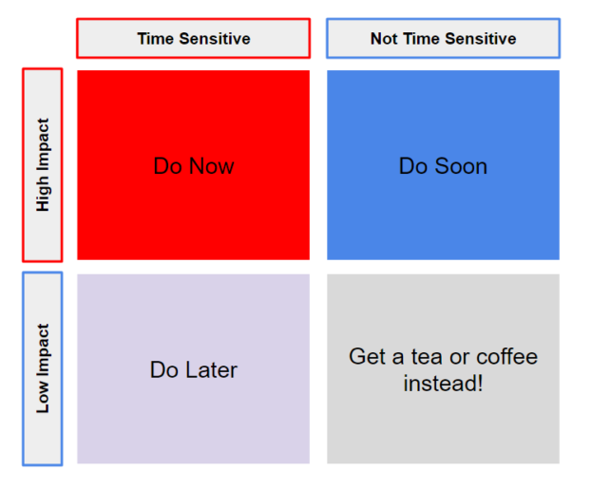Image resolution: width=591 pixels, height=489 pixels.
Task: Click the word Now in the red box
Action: coord(212,166)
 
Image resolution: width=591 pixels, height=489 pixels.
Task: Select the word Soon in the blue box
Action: coord(461,166)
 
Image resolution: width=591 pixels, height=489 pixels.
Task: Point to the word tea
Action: coord(427,356)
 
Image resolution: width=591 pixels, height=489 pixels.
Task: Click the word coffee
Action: coord(507,356)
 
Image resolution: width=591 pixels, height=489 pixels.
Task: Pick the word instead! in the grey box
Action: coord(443,384)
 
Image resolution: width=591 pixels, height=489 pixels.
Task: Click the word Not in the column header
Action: coord(384,38)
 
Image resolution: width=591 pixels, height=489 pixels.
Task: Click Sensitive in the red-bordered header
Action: coord(215,38)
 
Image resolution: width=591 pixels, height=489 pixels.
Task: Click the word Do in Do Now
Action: coord(168,166)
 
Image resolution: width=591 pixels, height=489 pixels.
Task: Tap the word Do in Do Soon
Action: coord(413,166)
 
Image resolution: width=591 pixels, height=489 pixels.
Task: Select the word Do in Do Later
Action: coord(164,369)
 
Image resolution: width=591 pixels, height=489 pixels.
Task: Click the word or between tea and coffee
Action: coord(459,358)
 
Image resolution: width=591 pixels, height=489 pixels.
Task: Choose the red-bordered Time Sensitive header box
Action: coord(193,38)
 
